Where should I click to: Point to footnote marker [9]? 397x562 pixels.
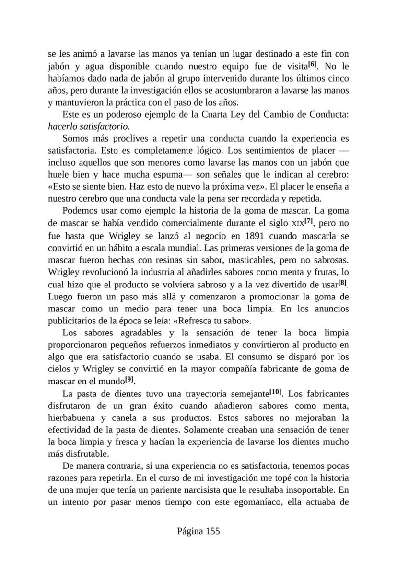pyautogui.click(x=129, y=381)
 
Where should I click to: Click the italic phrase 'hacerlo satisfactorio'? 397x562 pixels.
pyautogui.click(x=89, y=127)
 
